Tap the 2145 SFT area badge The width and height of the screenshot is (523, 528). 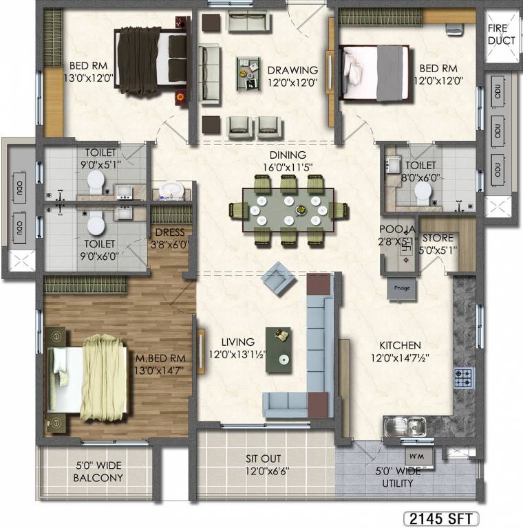pos(440,518)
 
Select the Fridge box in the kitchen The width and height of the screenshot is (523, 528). pos(402,287)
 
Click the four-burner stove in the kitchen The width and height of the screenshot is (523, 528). pos(463,377)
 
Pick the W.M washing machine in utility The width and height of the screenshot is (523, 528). pos(416,456)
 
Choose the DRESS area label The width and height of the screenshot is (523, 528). pos(169,233)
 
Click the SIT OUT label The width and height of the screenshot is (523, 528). pos(264,459)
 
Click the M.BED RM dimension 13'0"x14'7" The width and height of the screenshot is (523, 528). pos(160,370)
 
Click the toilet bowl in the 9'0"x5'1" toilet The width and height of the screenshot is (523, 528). pos(96,181)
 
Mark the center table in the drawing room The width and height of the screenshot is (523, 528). pos(245,72)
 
